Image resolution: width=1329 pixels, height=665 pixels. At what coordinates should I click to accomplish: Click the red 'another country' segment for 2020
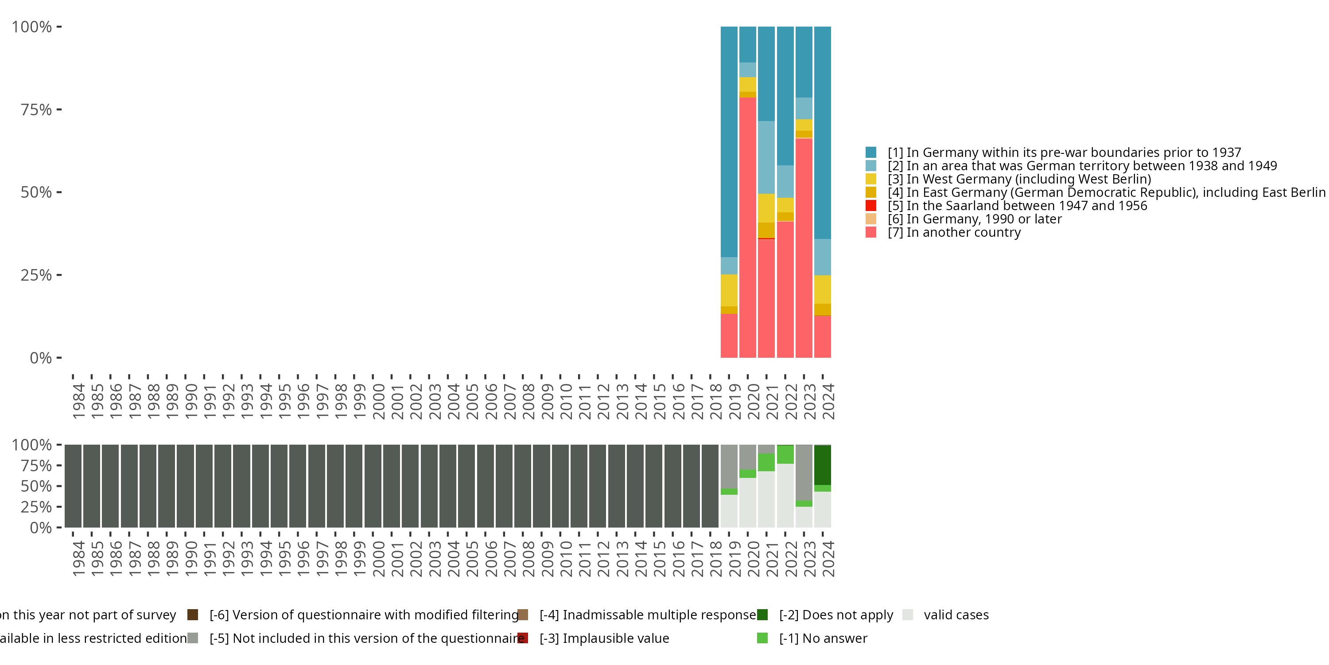[748, 227]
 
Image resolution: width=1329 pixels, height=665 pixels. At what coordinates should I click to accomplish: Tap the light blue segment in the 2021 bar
[766, 157]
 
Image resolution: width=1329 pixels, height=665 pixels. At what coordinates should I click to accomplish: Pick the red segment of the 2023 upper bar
[804, 248]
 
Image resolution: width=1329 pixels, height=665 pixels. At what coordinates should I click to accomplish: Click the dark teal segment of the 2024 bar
[822, 133]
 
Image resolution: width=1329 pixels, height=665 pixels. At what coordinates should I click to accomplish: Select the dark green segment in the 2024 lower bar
[822, 465]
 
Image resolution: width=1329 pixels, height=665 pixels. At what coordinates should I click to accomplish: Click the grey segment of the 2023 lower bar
[804, 473]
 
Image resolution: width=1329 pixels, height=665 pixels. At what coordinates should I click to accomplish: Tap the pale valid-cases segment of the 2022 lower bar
[785, 496]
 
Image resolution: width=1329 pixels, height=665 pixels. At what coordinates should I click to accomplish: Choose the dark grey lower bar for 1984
[73, 486]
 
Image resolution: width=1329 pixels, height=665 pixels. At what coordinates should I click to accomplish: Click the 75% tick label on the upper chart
[36, 110]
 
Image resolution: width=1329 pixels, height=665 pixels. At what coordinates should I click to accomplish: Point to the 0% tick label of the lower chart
[41, 528]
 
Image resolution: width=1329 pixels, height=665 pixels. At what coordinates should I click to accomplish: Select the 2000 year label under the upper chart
[379, 401]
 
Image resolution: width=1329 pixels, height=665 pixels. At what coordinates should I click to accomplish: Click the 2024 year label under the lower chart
[828, 559]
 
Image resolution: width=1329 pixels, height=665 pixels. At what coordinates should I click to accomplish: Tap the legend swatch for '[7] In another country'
[871, 232]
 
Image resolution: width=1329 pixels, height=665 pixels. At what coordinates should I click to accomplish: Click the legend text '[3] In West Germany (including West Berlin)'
[1019, 179]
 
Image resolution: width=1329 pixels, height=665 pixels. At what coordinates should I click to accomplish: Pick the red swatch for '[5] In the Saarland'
[871, 206]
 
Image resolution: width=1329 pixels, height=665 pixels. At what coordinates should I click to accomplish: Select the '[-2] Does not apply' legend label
[836, 615]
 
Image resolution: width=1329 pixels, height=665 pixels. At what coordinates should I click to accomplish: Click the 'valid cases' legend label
[956, 615]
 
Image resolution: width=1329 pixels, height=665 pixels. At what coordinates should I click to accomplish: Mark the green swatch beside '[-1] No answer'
[762, 638]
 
